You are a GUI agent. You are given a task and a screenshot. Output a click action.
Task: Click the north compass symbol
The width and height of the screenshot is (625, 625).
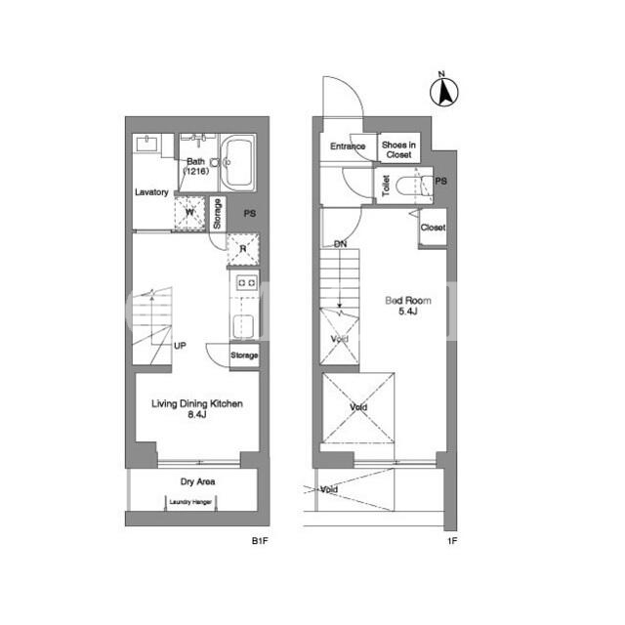pyautogui.click(x=444, y=90)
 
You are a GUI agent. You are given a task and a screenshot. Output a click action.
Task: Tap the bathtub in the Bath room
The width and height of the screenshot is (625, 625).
pyautogui.click(x=238, y=163)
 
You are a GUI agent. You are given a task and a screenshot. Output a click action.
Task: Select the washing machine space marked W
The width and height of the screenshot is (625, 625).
pyautogui.click(x=189, y=213)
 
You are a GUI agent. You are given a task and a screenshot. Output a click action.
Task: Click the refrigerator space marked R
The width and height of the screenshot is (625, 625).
pyautogui.click(x=243, y=250)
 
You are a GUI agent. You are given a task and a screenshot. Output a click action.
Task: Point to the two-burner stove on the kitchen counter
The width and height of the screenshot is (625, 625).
pyautogui.click(x=246, y=282)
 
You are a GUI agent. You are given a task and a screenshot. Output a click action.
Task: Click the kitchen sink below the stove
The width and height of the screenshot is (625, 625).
pyautogui.click(x=243, y=326)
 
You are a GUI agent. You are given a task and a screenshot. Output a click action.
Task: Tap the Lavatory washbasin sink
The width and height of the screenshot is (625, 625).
pyautogui.click(x=147, y=144)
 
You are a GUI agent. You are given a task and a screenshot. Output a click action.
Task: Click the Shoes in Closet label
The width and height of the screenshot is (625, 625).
pyautogui.click(x=398, y=149)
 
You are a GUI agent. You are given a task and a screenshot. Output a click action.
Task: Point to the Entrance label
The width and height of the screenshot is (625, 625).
pyautogui.click(x=348, y=146)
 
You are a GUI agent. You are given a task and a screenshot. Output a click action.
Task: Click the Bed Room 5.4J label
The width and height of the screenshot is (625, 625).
pyautogui.click(x=408, y=306)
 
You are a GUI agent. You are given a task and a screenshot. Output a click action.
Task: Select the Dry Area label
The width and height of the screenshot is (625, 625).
pyautogui.click(x=197, y=481)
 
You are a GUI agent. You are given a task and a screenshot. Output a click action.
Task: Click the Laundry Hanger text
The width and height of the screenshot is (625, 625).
pyautogui.click(x=190, y=502)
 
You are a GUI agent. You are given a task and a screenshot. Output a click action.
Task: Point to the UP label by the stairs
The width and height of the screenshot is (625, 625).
pyautogui.click(x=180, y=346)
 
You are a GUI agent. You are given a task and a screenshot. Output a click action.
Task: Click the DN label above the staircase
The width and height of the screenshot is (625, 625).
pyautogui.click(x=340, y=244)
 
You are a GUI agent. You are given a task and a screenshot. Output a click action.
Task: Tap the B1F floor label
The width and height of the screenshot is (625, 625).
pyautogui.click(x=260, y=541)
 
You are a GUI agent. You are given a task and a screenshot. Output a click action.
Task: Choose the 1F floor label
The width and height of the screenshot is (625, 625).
pyautogui.click(x=452, y=541)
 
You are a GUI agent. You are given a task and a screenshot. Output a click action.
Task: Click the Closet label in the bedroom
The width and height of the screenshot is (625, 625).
pyautogui.click(x=433, y=228)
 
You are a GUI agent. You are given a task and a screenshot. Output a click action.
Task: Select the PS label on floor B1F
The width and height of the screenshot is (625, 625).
pyautogui.click(x=250, y=214)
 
